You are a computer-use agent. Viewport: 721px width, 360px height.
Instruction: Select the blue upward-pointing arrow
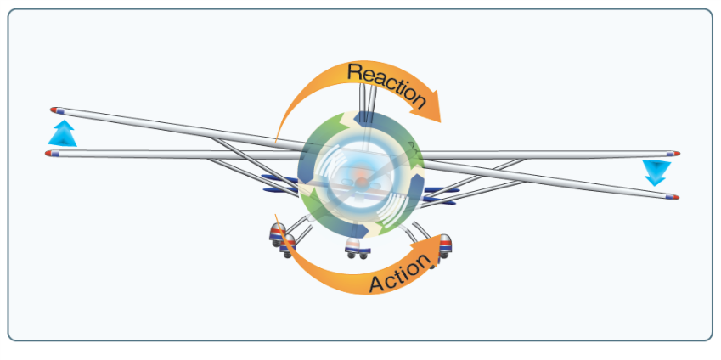pyautogui.click(x=63, y=133)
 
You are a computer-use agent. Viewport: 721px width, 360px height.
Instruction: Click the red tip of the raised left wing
pyautogui.click(x=55, y=110)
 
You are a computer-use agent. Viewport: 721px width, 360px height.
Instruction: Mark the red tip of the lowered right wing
pyautogui.click(x=675, y=197)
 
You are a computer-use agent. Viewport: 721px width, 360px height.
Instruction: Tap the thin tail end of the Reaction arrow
pyautogui.click(x=278, y=136)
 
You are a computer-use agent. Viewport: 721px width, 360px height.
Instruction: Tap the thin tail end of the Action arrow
pyautogui.click(x=278, y=219)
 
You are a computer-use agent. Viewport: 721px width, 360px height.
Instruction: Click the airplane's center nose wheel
pyautogui.click(x=357, y=248)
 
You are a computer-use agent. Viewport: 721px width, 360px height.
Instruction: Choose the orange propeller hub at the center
pyautogui.click(x=362, y=179)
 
